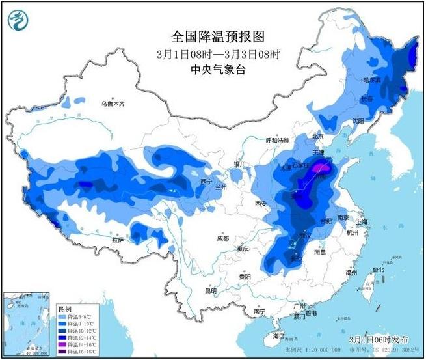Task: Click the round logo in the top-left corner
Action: point(19,20)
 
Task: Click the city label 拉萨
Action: point(117,240)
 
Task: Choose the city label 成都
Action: point(222,238)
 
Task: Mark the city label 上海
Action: point(362,222)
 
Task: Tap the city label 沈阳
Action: point(358,120)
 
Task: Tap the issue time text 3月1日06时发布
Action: point(379,340)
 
